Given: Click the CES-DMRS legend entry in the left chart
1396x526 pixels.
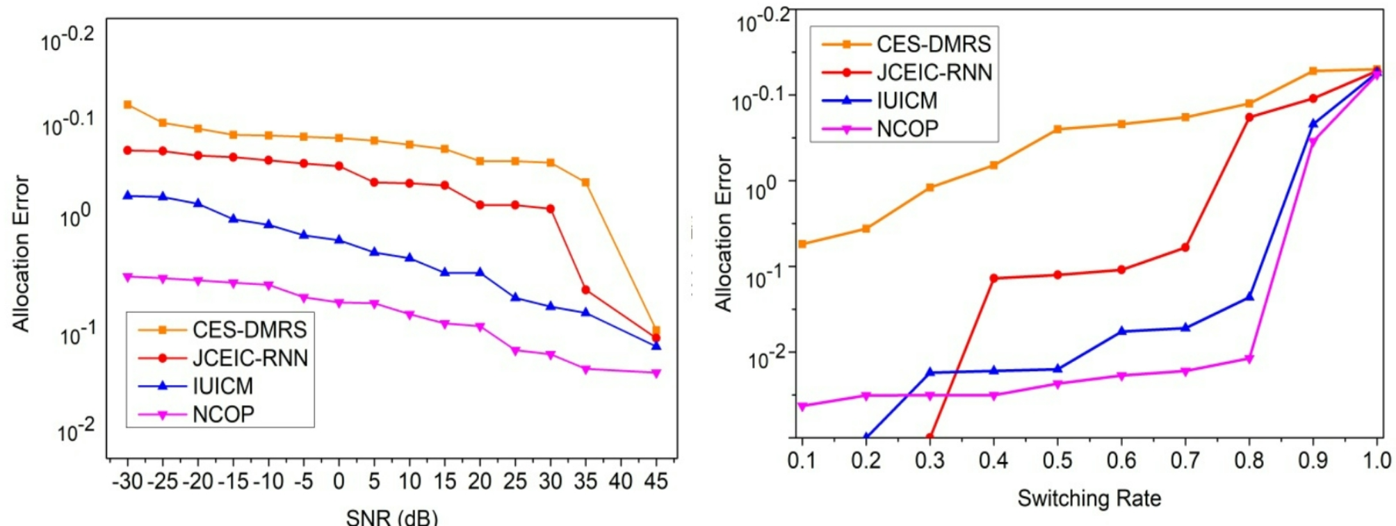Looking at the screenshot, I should click(249, 329).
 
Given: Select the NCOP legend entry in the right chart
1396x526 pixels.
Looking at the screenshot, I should click(907, 129).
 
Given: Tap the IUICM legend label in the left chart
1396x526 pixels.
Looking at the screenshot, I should click(222, 386).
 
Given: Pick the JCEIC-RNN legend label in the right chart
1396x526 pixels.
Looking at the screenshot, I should click(934, 72).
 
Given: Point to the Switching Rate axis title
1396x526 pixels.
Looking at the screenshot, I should click(1089, 498).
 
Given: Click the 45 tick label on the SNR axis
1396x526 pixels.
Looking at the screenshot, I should click(656, 481).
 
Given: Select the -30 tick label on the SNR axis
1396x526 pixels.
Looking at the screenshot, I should click(127, 481).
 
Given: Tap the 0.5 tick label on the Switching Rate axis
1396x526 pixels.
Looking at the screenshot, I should click(1057, 460).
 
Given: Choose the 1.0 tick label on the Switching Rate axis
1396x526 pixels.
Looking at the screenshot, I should click(1377, 460).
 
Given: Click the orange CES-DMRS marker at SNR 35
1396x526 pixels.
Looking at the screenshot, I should click(585, 183).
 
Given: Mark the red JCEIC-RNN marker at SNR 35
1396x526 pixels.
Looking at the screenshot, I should click(585, 290).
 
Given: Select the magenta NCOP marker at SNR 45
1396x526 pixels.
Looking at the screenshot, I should click(656, 373).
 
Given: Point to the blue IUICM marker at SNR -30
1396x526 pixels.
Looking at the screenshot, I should click(127, 195).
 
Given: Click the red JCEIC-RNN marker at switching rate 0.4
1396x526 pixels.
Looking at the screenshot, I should click(993, 278).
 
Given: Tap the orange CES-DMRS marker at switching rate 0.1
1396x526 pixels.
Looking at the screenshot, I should click(802, 244).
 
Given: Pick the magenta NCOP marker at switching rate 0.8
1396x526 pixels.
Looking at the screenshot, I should click(1249, 359).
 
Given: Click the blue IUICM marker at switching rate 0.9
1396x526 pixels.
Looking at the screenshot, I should click(1313, 124).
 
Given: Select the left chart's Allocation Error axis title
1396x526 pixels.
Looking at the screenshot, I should click(21, 254).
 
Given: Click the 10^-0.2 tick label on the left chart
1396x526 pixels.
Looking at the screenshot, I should click(67, 38).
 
